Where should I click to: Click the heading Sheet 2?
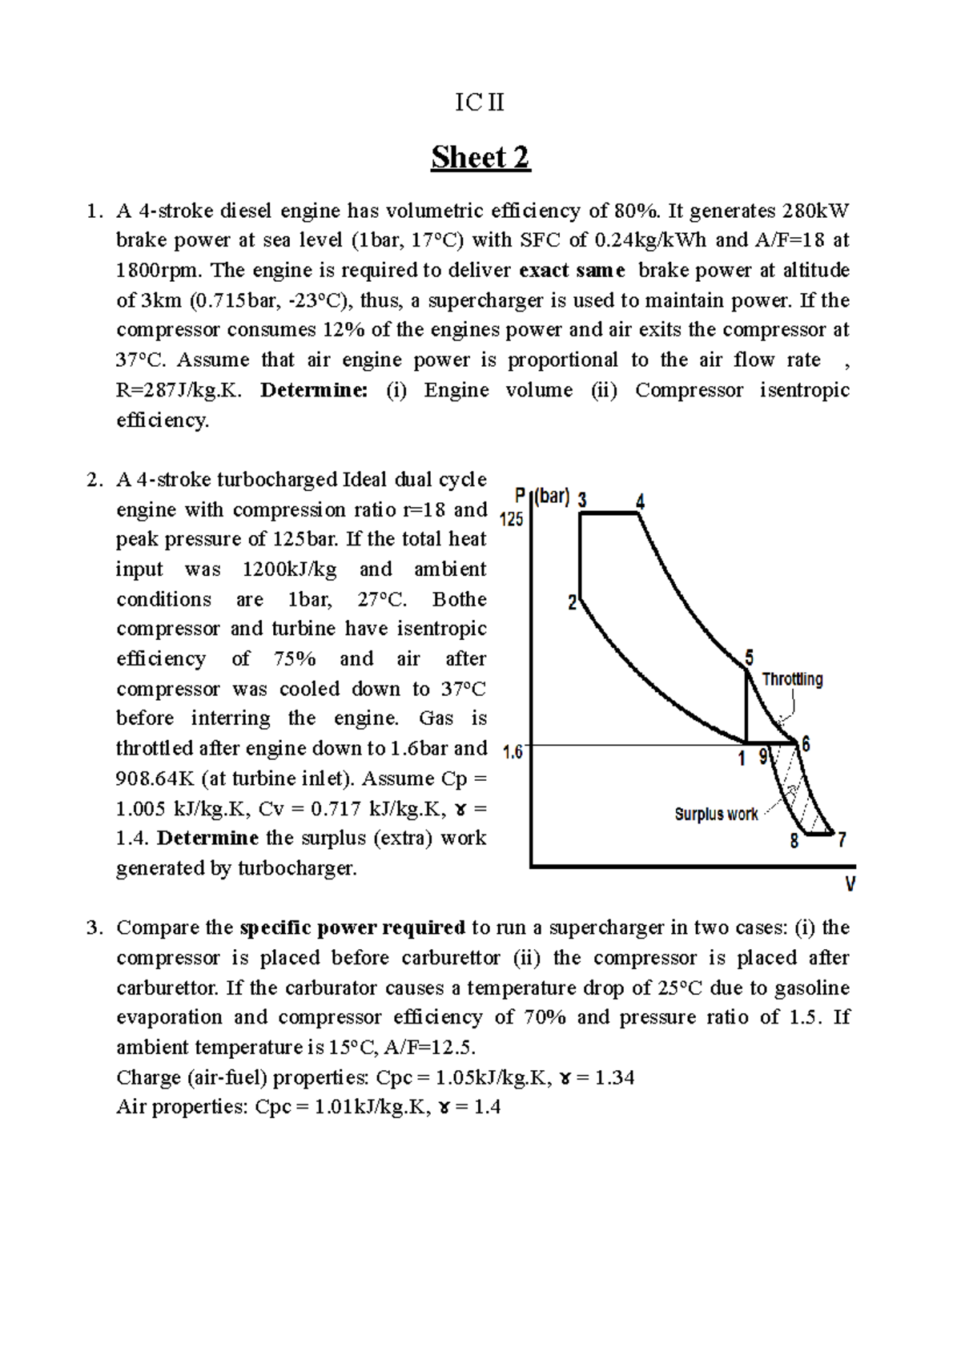tap(480, 157)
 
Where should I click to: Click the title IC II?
tap(480, 103)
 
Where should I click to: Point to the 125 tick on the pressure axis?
tap(511, 519)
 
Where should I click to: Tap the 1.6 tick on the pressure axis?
tap(513, 752)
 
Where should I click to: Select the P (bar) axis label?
tap(542, 497)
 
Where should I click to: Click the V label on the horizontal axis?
tap(850, 885)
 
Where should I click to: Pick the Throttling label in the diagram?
tap(792, 679)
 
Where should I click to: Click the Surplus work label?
tap(716, 815)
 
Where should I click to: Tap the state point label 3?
tap(582, 500)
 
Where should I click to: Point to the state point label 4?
tap(640, 502)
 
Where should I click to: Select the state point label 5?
tap(750, 658)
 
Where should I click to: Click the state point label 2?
tap(573, 603)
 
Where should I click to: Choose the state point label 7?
tap(842, 840)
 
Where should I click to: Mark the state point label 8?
tap(794, 841)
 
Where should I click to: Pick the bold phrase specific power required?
tap(352, 927)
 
